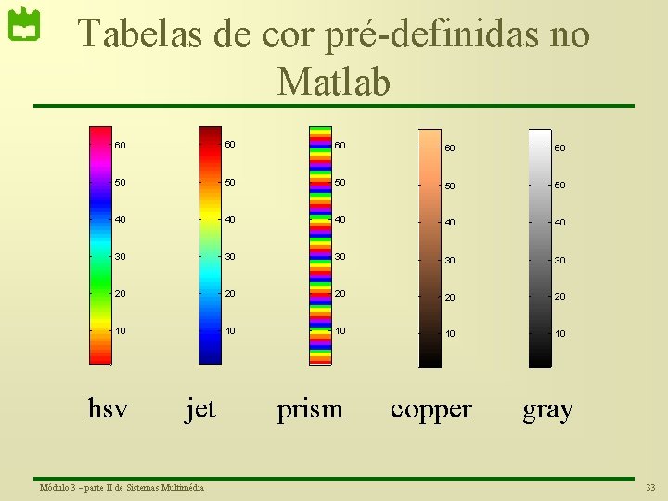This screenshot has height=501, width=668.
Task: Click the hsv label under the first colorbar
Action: [108, 408]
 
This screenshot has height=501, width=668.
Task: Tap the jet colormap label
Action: [200, 408]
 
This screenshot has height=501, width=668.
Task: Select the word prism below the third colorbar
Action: [310, 409]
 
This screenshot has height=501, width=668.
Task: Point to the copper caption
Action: [431, 409]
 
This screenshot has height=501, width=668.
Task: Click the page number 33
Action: [649, 488]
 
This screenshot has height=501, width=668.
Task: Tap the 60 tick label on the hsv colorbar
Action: [121, 145]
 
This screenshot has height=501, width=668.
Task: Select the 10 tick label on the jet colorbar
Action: [229, 330]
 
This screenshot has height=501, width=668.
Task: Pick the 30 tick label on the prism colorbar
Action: [340, 256]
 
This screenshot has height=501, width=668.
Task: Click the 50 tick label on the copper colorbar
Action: [449, 186]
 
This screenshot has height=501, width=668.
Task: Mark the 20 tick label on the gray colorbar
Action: [559, 297]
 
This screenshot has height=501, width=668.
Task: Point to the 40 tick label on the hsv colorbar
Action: [121, 219]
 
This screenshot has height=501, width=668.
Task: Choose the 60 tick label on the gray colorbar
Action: [559, 148]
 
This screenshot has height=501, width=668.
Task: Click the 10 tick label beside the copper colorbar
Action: [449, 334]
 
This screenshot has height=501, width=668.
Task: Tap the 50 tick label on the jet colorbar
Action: [229, 182]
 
